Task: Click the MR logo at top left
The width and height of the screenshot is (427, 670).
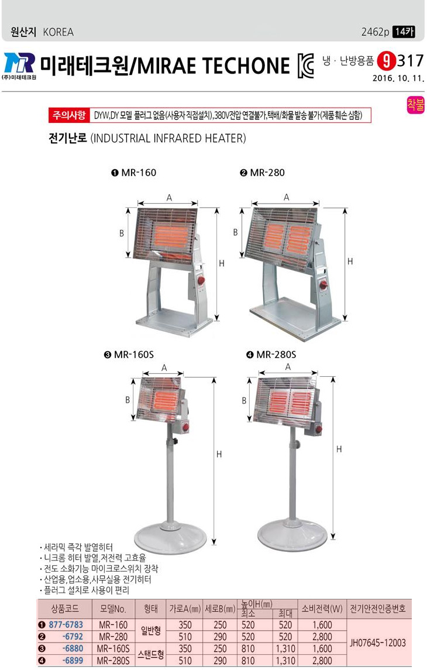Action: pyautogui.click(x=19, y=63)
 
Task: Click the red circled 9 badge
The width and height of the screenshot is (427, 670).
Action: pyautogui.click(x=387, y=61)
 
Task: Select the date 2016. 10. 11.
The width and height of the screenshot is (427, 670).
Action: pyautogui.click(x=398, y=78)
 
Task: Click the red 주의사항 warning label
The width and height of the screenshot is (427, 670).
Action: pyautogui.click(x=69, y=115)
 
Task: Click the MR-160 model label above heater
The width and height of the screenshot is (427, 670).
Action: pyautogui.click(x=134, y=173)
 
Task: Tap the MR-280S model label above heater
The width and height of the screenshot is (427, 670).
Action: pyautogui.click(x=271, y=355)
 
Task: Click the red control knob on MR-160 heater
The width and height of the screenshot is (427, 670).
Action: pyautogui.click(x=201, y=281)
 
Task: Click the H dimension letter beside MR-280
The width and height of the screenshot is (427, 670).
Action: pyautogui.click(x=350, y=261)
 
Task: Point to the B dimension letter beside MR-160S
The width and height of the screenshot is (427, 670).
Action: pyautogui.click(x=128, y=400)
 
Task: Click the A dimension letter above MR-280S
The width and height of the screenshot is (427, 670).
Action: pyautogui.click(x=288, y=367)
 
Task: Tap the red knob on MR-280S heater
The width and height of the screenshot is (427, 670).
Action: pyautogui.click(x=318, y=429)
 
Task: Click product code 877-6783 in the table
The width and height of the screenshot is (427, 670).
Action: pyautogui.click(x=66, y=625)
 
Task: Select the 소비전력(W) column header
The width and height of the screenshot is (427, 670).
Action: pyautogui.click(x=322, y=609)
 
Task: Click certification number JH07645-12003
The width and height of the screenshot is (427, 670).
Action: pyautogui.click(x=377, y=642)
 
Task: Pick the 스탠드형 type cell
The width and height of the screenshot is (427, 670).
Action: pyautogui.click(x=151, y=654)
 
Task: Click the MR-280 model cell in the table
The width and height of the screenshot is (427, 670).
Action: pyautogui.click(x=113, y=637)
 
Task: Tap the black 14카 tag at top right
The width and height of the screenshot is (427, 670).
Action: pyautogui.click(x=404, y=32)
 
